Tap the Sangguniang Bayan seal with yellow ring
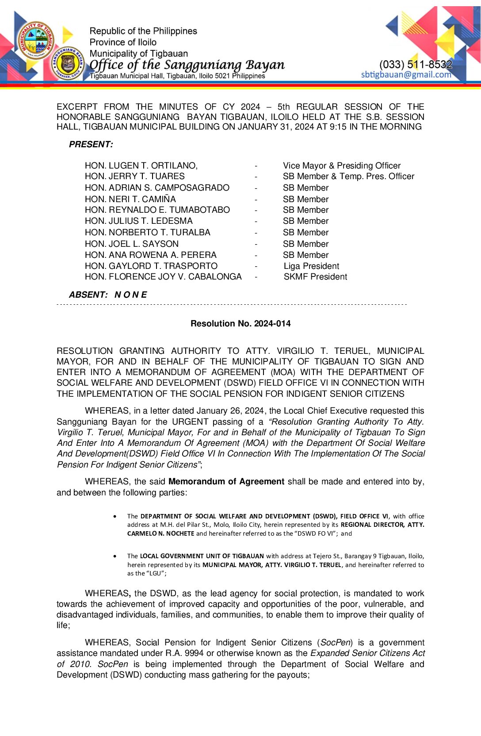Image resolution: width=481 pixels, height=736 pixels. click(x=68, y=64)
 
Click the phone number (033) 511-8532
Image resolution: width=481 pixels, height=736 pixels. click(x=416, y=65)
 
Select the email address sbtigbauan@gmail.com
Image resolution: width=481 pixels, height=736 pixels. click(x=406, y=75)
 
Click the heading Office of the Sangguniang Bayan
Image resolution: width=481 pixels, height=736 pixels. click(x=187, y=65)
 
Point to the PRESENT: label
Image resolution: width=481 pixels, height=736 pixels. click(x=91, y=145)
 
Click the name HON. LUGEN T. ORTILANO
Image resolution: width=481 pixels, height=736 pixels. click(x=141, y=165)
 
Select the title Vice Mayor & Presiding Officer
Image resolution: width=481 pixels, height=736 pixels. click(x=342, y=165)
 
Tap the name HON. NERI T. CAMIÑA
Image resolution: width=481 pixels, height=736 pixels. click(x=130, y=199)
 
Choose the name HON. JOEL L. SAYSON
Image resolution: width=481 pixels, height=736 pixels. click(x=132, y=244)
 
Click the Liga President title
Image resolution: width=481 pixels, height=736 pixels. click(x=311, y=266)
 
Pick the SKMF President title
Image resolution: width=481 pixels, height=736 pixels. click(x=315, y=277)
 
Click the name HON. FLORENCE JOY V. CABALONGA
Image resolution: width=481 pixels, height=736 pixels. click(x=163, y=277)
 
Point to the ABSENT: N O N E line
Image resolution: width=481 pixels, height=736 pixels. click(x=108, y=295)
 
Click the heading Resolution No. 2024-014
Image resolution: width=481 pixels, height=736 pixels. click(x=240, y=323)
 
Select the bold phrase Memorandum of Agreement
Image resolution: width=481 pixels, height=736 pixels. click(x=226, y=482)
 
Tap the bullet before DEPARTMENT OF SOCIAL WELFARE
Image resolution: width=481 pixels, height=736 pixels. click(x=115, y=516)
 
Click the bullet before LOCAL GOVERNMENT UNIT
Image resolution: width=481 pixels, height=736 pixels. click(x=115, y=556)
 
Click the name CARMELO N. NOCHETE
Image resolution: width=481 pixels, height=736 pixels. click(x=161, y=533)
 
